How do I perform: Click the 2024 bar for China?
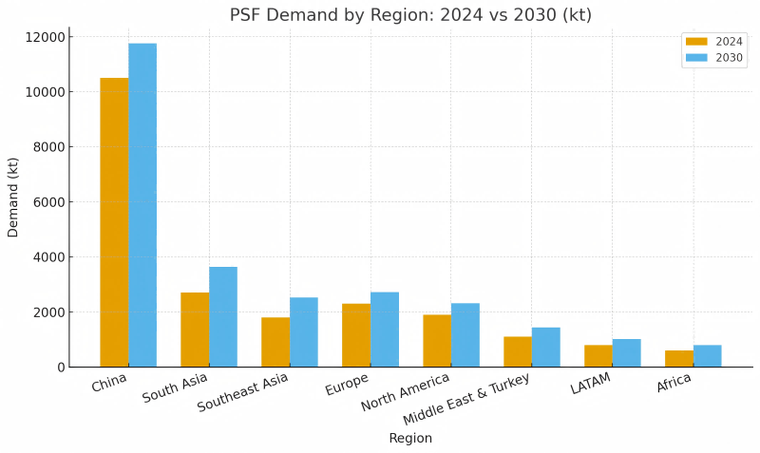click(x=114, y=222)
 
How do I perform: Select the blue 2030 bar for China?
click(x=142, y=205)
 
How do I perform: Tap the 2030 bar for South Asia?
click(x=223, y=317)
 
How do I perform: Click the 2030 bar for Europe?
click(x=385, y=330)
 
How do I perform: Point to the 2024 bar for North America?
click(x=437, y=341)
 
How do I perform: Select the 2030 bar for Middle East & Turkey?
click(x=546, y=348)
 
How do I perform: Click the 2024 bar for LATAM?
click(x=598, y=356)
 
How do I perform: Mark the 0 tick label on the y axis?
click(x=61, y=368)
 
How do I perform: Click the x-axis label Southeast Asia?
click(x=243, y=392)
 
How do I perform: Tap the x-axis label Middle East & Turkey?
click(x=466, y=400)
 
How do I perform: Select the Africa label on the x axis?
click(x=674, y=384)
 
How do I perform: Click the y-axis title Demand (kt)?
click(x=13, y=198)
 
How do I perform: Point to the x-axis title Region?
click(x=410, y=439)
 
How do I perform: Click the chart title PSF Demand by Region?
click(x=410, y=15)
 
